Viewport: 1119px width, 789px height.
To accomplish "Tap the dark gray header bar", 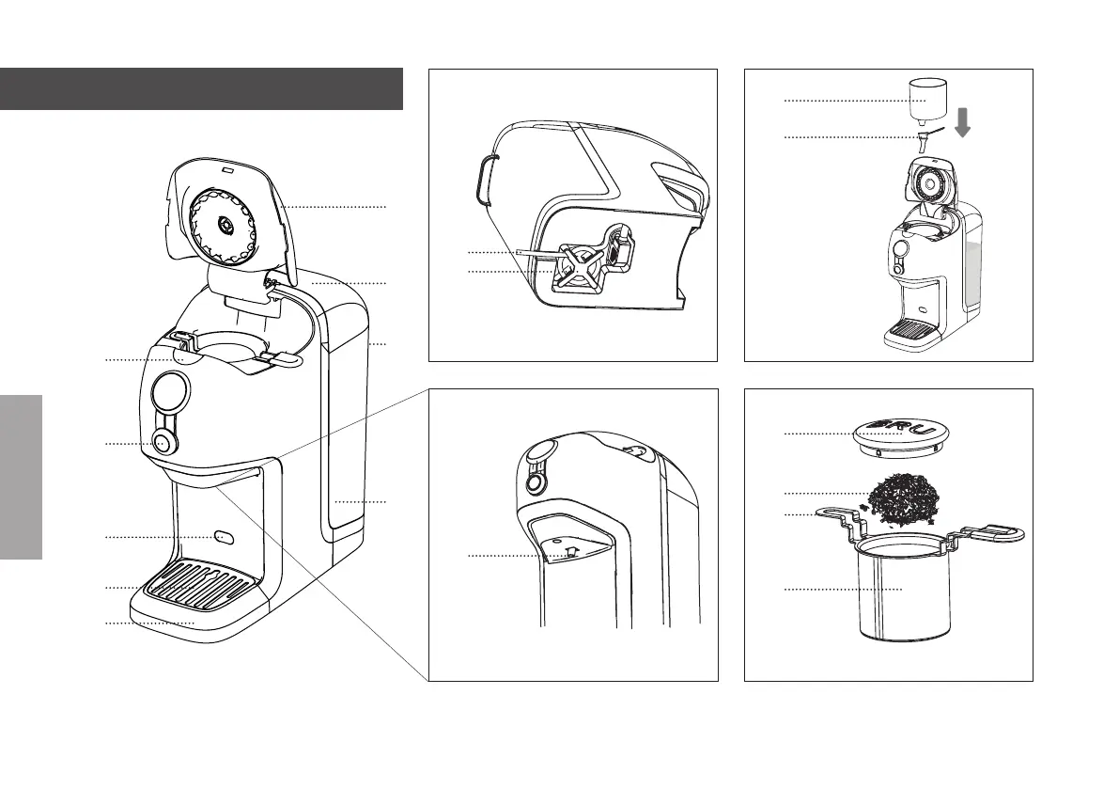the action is [x=201, y=88].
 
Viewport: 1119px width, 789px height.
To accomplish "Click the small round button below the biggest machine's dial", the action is [x=162, y=443].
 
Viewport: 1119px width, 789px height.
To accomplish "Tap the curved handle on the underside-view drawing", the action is [x=484, y=179].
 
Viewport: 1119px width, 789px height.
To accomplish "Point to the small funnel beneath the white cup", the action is [x=922, y=142].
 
